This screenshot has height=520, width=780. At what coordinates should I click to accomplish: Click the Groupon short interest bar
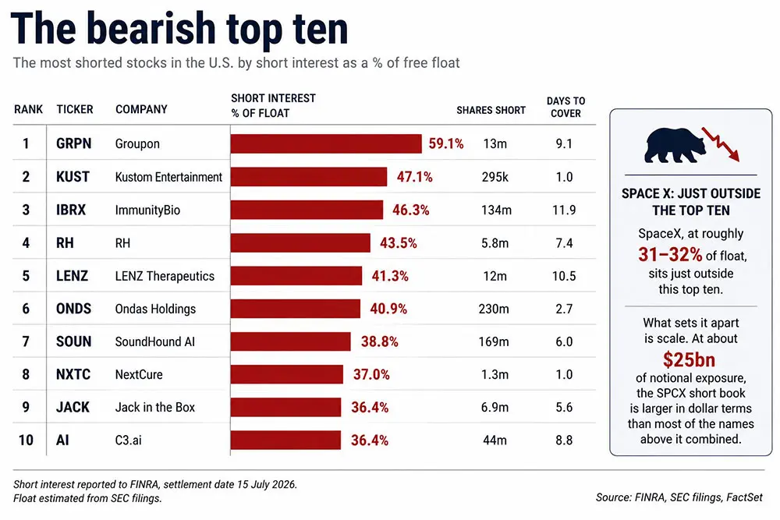(x=326, y=143)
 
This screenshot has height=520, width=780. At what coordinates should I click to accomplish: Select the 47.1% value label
(x=414, y=177)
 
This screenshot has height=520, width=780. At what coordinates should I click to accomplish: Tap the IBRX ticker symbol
(x=71, y=210)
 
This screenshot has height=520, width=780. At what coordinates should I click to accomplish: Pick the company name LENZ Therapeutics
(x=165, y=276)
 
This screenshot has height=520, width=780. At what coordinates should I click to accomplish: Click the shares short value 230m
(x=494, y=309)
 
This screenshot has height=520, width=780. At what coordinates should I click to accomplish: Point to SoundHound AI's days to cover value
(x=564, y=341)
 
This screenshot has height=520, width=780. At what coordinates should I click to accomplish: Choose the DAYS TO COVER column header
(x=565, y=107)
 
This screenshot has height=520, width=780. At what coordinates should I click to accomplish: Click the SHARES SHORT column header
(x=491, y=111)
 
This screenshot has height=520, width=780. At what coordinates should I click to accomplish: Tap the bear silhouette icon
(x=675, y=145)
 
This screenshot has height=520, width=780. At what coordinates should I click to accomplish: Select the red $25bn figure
(x=689, y=359)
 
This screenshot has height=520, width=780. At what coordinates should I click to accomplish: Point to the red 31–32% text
(x=670, y=255)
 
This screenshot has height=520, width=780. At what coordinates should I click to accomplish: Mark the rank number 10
(x=26, y=440)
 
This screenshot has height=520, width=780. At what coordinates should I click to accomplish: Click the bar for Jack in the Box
(x=286, y=407)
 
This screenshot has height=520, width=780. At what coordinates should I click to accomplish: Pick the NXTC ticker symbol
(x=73, y=374)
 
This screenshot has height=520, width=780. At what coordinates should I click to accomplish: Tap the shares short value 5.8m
(x=495, y=243)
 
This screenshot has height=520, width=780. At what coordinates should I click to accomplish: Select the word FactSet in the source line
(x=744, y=497)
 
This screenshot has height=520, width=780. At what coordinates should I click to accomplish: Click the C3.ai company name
(x=129, y=440)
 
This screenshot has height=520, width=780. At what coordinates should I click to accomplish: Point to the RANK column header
(x=28, y=109)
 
